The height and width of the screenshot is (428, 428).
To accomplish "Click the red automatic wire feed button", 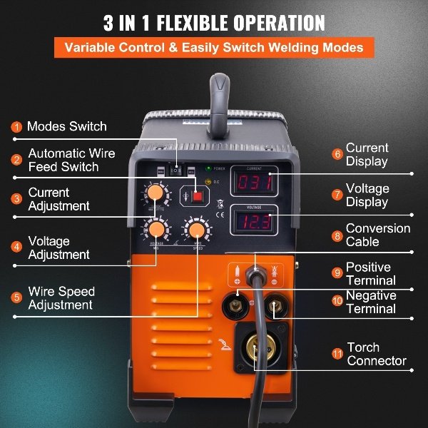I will coord(198,196).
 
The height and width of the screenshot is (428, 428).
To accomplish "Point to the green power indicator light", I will coord(208,170).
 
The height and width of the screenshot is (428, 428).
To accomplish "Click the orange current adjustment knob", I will coord(155,193).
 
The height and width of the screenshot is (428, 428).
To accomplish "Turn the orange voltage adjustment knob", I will coord(155,229).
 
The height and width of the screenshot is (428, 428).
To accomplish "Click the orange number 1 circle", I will coord(16,127).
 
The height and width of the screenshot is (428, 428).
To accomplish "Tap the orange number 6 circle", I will coord(337,154).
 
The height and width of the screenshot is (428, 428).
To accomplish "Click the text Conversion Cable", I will coord(377,235).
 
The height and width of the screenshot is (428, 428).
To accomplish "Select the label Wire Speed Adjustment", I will coord(61,298).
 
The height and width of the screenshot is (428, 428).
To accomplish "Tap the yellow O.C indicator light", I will coord(208,182).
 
